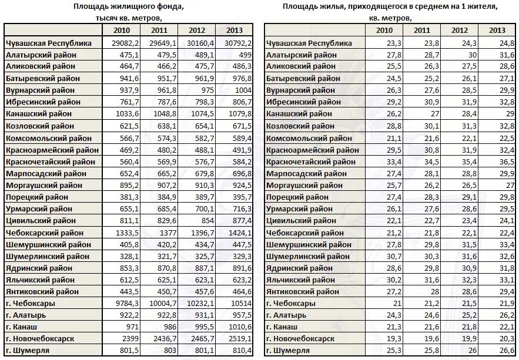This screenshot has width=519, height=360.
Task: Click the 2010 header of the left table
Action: [x=122, y=31]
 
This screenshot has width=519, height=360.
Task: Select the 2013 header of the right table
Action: [x=497, y=31]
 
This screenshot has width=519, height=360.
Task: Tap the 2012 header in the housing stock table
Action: [x=197, y=31]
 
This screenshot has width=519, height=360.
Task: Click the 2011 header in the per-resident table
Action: [x=421, y=31]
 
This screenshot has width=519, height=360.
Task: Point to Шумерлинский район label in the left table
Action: [x=48, y=256]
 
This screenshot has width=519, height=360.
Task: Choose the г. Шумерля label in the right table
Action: [x=288, y=351]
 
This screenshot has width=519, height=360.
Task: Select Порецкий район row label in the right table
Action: [x=297, y=197]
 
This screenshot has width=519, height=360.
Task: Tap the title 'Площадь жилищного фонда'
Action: [x=128, y=6]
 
